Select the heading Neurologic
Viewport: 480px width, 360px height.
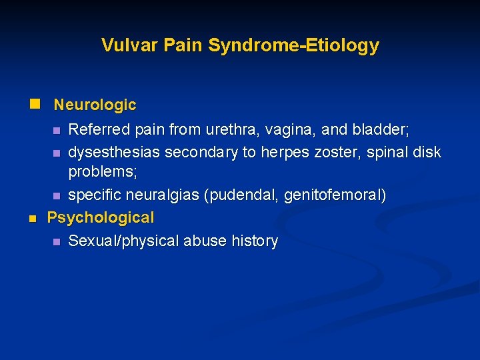tap(95, 105)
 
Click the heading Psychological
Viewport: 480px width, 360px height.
tap(100, 217)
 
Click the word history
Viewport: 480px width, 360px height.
tap(255, 241)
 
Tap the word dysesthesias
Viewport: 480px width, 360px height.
tap(114, 153)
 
